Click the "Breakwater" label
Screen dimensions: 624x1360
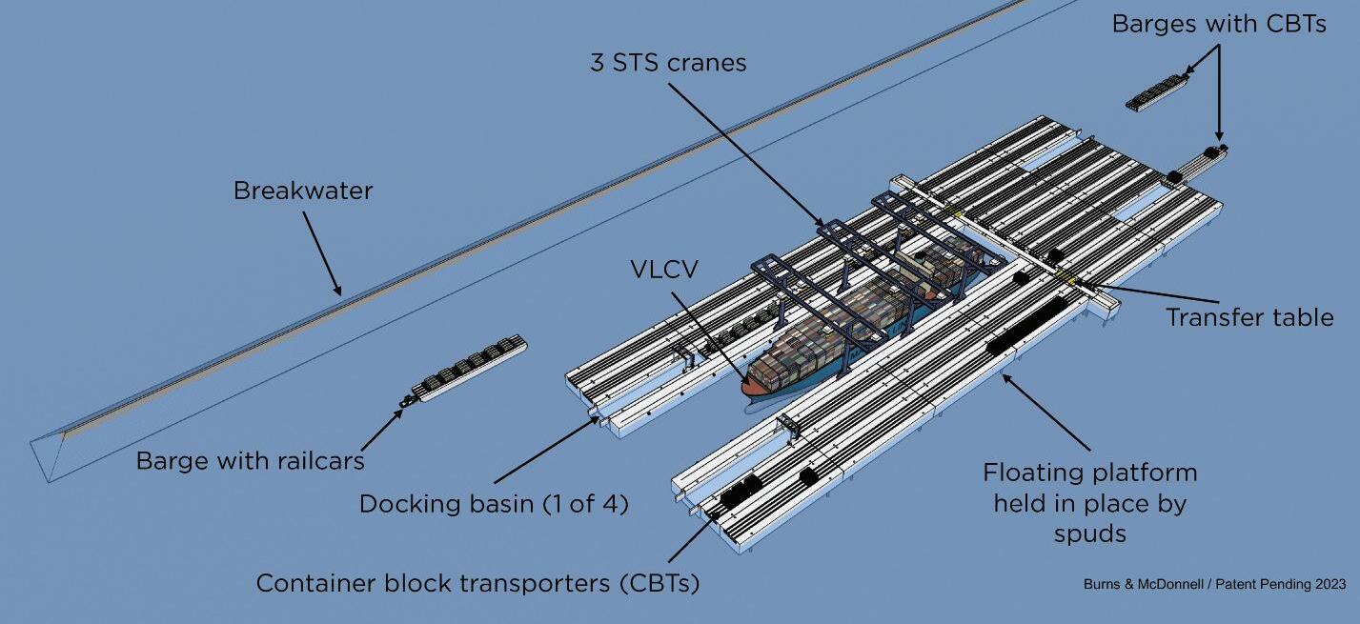[x=303, y=191]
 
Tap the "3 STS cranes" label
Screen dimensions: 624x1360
[x=668, y=63]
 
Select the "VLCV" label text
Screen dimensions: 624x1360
[x=663, y=270]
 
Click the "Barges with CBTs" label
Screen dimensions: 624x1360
[x=1219, y=24]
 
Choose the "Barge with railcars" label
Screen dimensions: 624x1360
[x=251, y=461]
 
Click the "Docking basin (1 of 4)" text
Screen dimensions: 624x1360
[x=494, y=504]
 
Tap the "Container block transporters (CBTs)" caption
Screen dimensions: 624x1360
[x=477, y=582]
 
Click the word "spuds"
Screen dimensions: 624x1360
[x=1089, y=533]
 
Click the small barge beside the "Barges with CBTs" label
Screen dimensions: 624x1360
[x=1157, y=92]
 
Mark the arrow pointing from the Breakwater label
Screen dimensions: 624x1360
[x=321, y=252]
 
